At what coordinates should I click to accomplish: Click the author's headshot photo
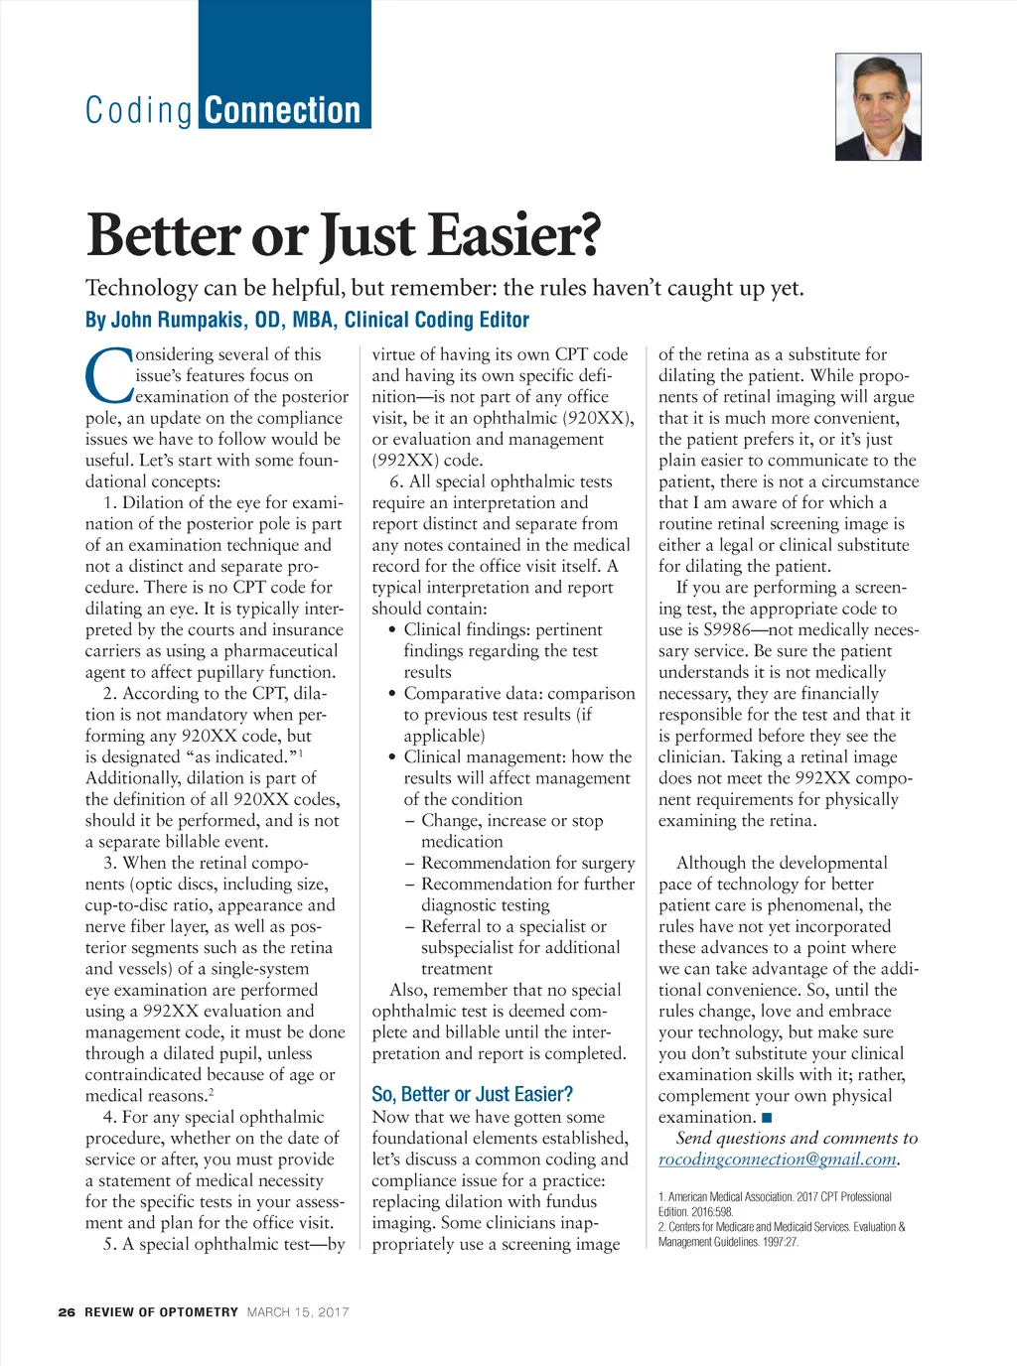coord(878,107)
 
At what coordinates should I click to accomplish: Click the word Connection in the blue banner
coord(283,110)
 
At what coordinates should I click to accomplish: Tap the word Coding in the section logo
coord(138,110)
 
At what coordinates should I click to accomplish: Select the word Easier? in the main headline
coord(514,236)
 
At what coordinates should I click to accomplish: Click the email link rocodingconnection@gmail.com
coord(777,1160)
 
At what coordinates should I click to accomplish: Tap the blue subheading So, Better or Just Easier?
coord(472,1094)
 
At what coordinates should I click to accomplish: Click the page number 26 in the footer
coord(67,1311)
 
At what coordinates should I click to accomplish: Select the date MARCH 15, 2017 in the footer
coord(298,1311)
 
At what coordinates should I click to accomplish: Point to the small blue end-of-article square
coord(767,1118)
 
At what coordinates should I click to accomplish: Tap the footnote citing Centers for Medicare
coord(781,1233)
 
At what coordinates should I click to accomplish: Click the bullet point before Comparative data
coord(393,694)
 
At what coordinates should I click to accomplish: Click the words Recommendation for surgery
coord(527,863)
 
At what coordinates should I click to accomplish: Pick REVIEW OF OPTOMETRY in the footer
coord(161,1311)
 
